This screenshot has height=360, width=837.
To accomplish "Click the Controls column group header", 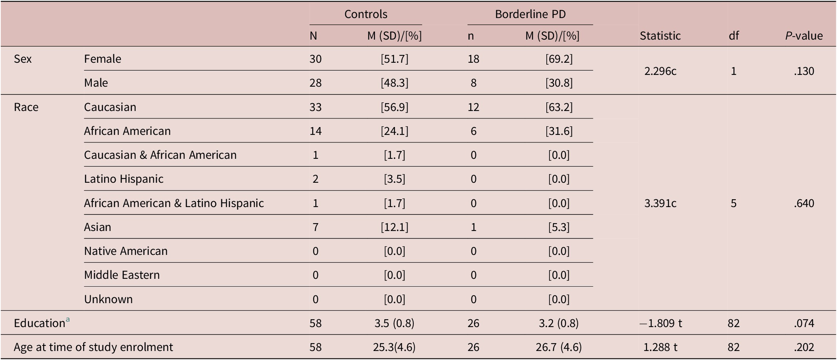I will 366,14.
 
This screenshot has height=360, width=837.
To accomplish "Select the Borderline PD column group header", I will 530,14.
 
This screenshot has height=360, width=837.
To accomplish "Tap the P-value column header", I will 804,36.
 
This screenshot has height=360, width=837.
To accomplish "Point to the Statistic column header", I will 660,36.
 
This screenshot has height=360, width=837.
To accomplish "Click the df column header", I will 733,36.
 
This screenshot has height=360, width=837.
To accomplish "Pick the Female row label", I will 102,59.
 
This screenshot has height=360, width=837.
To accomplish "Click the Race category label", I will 26,107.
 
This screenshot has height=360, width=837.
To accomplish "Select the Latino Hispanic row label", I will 124,179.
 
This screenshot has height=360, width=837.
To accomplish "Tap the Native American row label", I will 126,251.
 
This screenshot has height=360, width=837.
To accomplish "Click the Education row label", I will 39,323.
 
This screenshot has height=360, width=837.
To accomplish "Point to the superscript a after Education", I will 68,320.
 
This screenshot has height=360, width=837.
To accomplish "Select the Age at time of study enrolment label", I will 93,347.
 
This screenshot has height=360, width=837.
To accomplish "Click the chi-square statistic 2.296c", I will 660,71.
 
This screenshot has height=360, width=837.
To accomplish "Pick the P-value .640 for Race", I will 804,203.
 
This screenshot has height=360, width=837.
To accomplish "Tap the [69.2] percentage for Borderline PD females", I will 559,59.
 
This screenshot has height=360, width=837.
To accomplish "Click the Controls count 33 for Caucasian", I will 315,107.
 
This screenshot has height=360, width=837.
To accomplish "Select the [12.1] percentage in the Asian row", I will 394,227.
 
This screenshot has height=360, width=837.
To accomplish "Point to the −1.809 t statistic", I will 660,323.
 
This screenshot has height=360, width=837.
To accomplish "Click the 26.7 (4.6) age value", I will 559,347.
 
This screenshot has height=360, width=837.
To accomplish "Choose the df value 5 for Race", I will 733,203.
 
